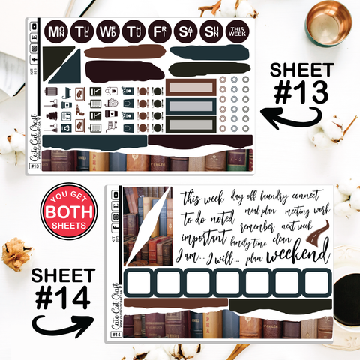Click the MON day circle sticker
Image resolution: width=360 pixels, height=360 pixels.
(55, 32)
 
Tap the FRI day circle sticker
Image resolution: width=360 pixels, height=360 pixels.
(159, 32)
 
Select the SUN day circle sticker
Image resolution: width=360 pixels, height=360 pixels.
(211, 32)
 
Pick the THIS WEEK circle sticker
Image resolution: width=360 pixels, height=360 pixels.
(238, 32)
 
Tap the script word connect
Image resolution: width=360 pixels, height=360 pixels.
(309, 195)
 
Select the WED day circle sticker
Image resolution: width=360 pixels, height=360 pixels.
(106, 32)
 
